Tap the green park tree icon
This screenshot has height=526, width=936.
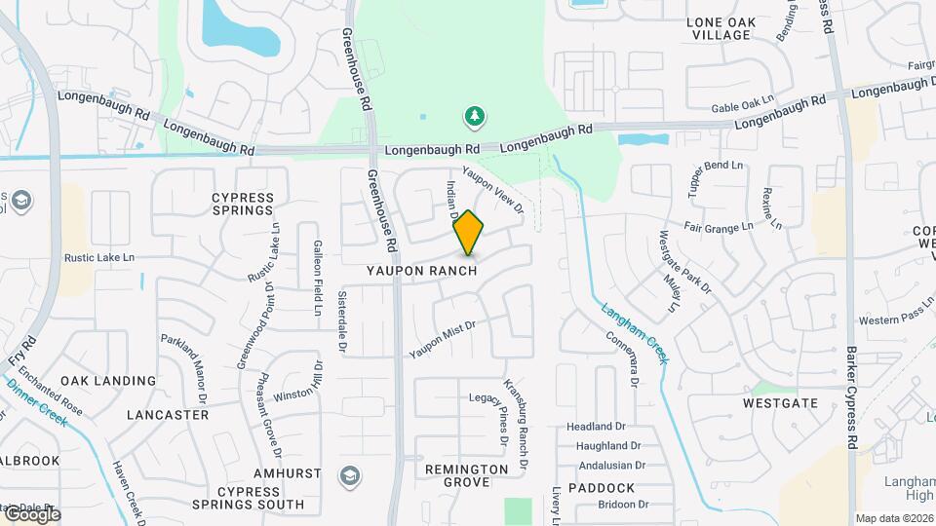(x=475, y=118)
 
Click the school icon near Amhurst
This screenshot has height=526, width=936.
(x=349, y=475)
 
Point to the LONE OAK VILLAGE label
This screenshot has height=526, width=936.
(x=720, y=28)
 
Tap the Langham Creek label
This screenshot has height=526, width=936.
(x=635, y=333)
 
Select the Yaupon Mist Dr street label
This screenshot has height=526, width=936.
(x=442, y=337)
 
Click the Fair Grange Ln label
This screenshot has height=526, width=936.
(x=719, y=226)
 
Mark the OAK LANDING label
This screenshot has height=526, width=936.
(x=108, y=381)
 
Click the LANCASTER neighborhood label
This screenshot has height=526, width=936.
(x=168, y=414)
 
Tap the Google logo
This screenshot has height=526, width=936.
(x=31, y=515)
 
